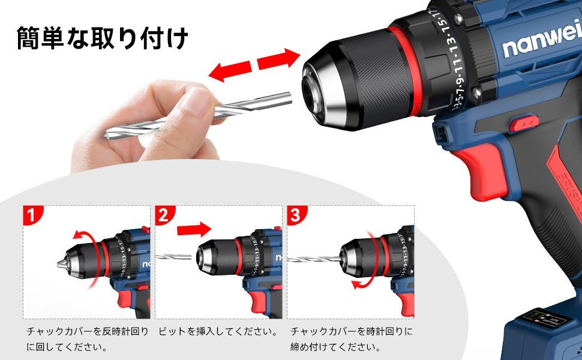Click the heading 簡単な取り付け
point(103,38)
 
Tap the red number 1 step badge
point(32,215)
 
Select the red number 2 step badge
point(164,215)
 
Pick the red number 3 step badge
point(296,215)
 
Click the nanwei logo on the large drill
point(542,43)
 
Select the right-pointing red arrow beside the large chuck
point(279,59)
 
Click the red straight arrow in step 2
point(194,229)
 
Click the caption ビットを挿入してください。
point(218,331)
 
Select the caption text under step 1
point(87,339)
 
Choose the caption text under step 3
point(351,339)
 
